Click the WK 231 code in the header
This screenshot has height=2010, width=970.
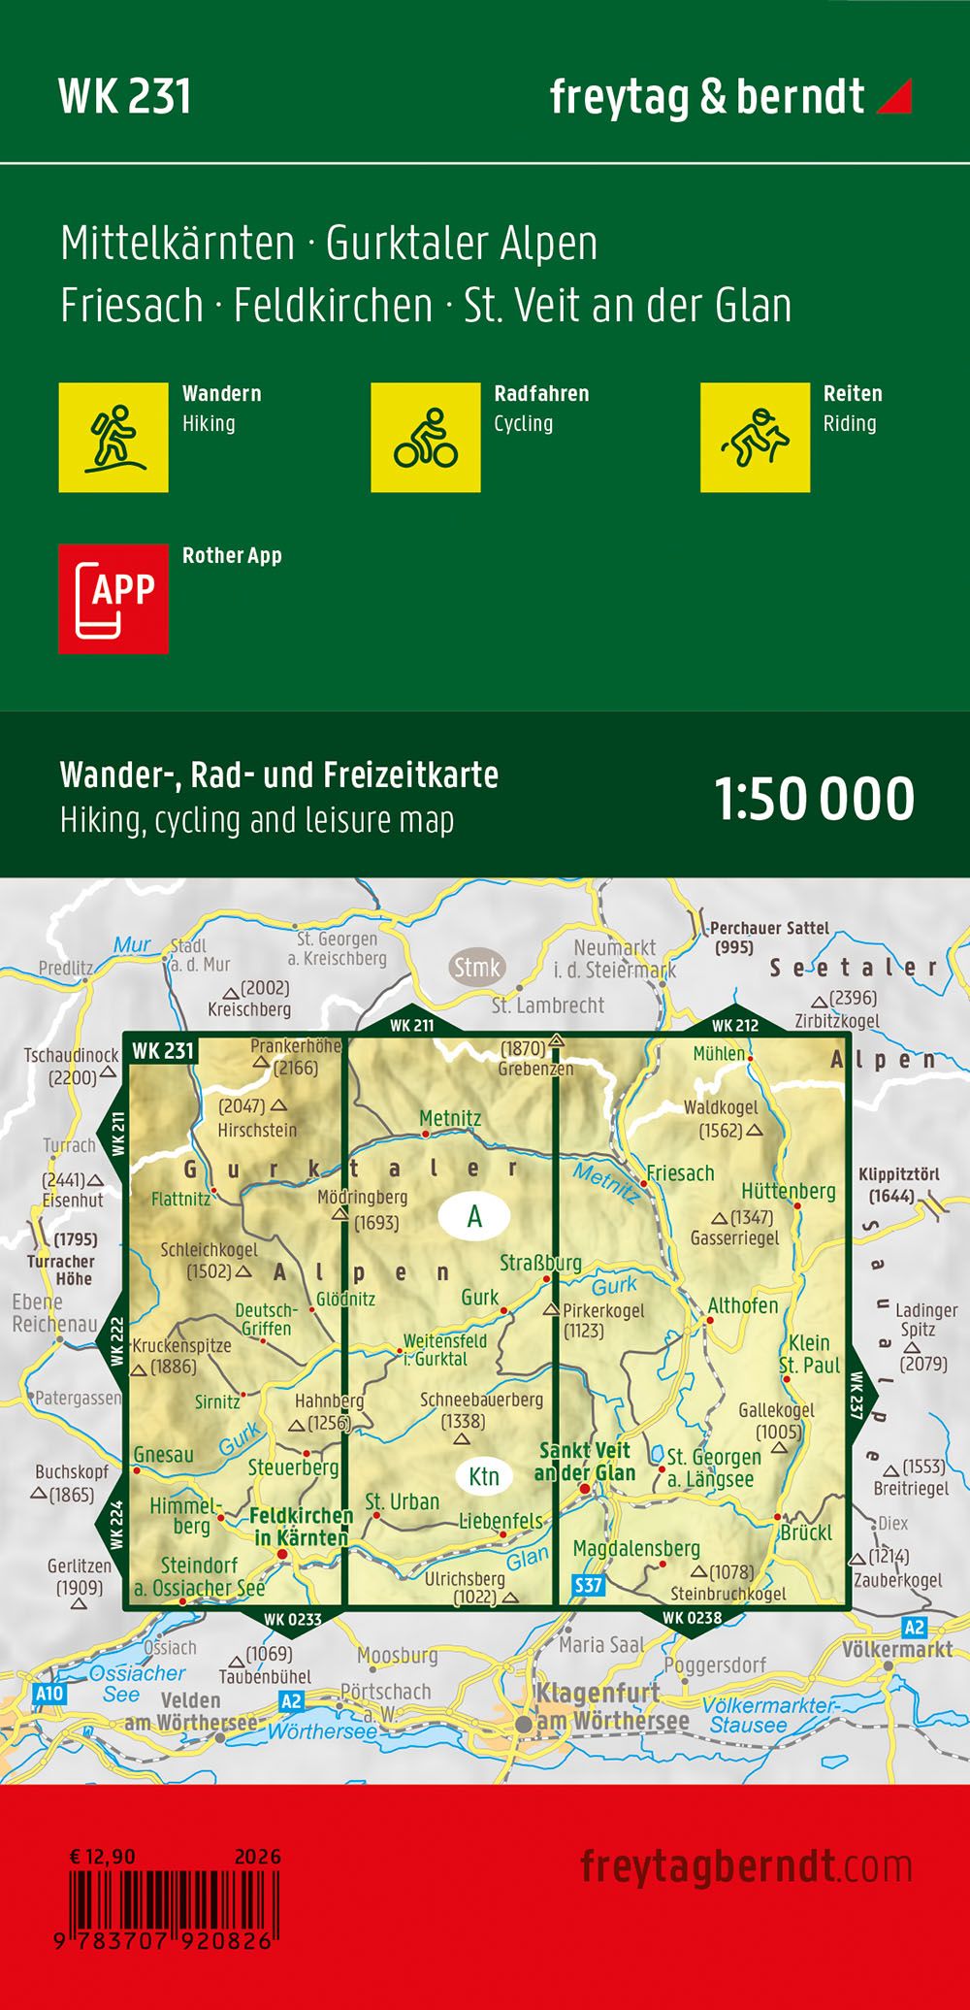[x=125, y=97]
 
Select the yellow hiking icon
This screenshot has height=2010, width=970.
[x=113, y=438]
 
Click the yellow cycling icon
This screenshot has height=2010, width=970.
[x=426, y=438]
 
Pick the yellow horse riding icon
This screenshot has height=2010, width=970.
[x=755, y=438]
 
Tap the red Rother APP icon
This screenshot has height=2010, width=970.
[x=113, y=599]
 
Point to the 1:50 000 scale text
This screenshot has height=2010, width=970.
[x=814, y=799]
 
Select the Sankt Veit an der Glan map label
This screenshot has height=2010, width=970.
[x=585, y=1462]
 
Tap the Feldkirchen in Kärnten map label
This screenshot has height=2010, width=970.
[x=301, y=1527]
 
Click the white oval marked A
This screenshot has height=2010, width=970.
[x=474, y=1216]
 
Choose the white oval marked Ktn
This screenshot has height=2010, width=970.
[x=483, y=1476]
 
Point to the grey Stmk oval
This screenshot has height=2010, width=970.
[x=477, y=968]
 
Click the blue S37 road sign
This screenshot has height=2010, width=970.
[x=589, y=1586]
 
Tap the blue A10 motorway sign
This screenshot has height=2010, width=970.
[x=48, y=1694]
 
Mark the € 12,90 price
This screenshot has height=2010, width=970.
[x=102, y=1857]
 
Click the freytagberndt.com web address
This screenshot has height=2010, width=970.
[x=746, y=1867]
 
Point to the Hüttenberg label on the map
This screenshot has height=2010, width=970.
[x=788, y=1191]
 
